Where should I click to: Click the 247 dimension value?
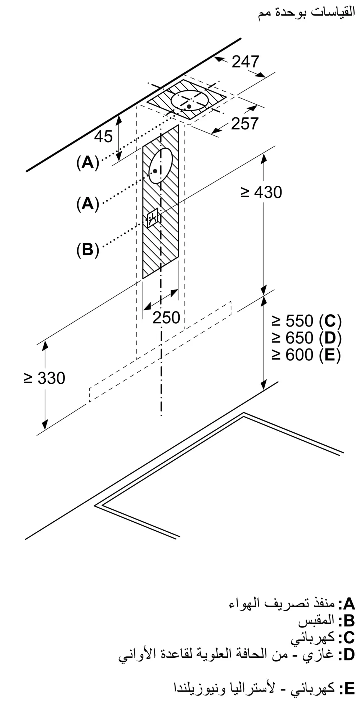(x=246, y=62)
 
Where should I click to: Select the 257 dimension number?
(x=245, y=123)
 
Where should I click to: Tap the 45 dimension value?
(x=103, y=136)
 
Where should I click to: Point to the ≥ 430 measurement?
(x=261, y=193)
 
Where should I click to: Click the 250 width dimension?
(x=166, y=318)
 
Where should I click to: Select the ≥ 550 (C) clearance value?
(x=306, y=320)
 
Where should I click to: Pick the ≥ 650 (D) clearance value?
(x=306, y=338)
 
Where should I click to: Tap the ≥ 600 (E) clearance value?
(x=306, y=355)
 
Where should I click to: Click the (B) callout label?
(x=87, y=249)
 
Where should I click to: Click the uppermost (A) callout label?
(x=87, y=163)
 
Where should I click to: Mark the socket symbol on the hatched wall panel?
(x=152, y=217)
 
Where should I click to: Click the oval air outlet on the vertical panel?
(x=161, y=166)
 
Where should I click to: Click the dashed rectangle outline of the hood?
(x=160, y=351)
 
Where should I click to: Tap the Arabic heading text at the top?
(x=306, y=13)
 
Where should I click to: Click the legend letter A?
(x=346, y=603)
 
